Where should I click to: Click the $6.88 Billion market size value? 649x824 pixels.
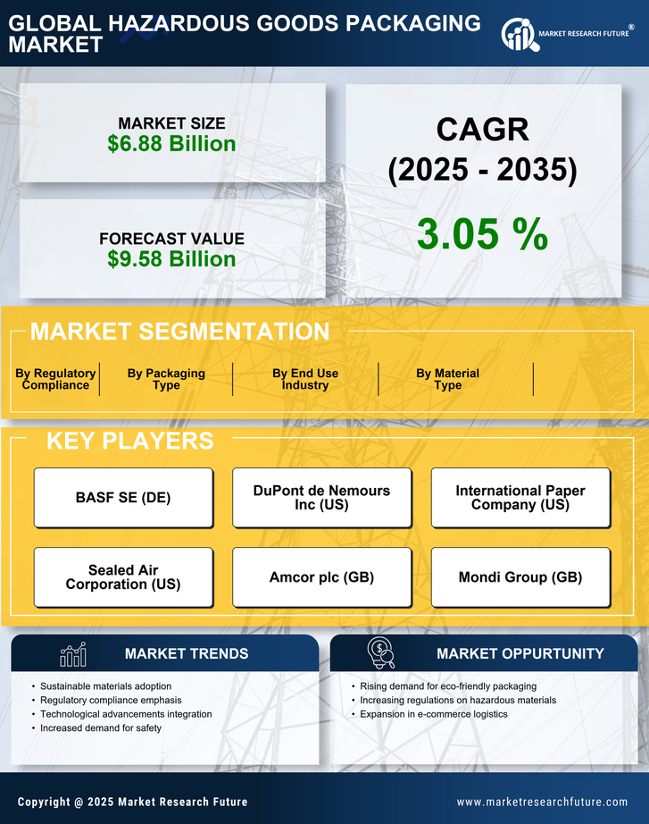[x=171, y=144]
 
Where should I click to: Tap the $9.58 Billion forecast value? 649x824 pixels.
[x=171, y=259]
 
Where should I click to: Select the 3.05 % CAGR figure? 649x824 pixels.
[x=482, y=234]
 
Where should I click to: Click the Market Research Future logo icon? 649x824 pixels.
[x=518, y=34]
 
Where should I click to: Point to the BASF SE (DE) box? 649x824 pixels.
[x=123, y=498]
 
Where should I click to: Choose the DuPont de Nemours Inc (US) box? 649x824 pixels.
[x=321, y=498]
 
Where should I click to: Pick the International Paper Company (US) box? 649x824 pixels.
[x=520, y=498]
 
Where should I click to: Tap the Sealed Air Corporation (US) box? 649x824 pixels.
[x=123, y=577]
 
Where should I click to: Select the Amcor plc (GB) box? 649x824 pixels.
[x=321, y=577]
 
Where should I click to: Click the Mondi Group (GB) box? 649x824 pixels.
[x=520, y=577]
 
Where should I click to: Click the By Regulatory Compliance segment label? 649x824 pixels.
[x=55, y=379]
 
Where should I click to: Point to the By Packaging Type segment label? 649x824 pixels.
[x=166, y=379]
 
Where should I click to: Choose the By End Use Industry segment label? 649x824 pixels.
[x=305, y=379]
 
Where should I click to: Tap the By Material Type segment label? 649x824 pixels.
[x=447, y=379]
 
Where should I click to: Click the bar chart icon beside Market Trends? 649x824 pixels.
[x=72, y=654]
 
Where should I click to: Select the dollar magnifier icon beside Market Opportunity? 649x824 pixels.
[x=381, y=653]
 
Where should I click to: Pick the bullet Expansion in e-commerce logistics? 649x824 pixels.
[x=433, y=714]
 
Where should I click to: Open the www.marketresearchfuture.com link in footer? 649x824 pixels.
[x=542, y=802]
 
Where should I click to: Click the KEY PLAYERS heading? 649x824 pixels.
[x=129, y=441]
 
